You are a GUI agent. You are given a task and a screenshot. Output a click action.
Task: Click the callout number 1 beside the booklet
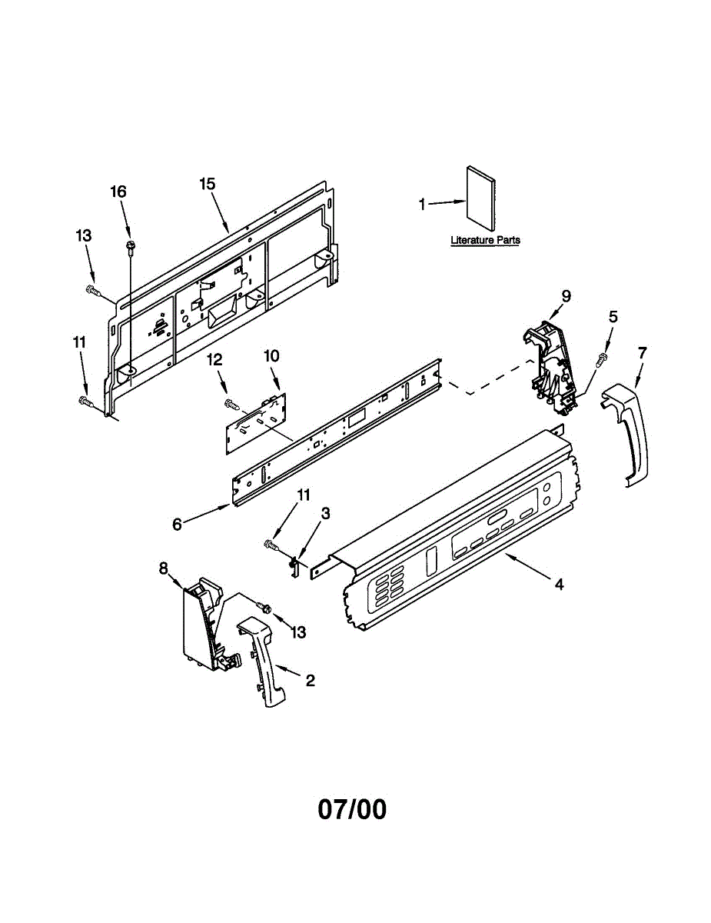coord(422,205)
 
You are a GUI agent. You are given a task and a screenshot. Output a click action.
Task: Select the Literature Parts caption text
coord(485,241)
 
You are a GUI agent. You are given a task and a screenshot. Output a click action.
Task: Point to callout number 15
coord(207,184)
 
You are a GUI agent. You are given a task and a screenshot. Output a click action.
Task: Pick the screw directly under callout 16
coord(130,246)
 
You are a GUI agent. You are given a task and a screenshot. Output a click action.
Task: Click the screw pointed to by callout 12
coord(230,402)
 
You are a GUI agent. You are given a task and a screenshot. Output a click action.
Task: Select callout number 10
coord(272,356)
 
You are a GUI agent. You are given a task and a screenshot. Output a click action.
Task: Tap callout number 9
coord(566,295)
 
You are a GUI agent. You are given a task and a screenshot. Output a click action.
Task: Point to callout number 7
coord(642,352)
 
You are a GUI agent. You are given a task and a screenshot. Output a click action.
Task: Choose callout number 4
coord(560,585)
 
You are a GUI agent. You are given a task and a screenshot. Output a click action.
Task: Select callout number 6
coord(178,525)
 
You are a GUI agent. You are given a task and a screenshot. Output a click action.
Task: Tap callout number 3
coord(326,513)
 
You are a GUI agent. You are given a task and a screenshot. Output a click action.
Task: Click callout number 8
coord(163,568)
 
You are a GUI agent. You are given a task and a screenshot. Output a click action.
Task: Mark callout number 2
coord(310,680)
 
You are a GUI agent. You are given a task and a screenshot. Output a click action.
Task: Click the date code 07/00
coord(353,809)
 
